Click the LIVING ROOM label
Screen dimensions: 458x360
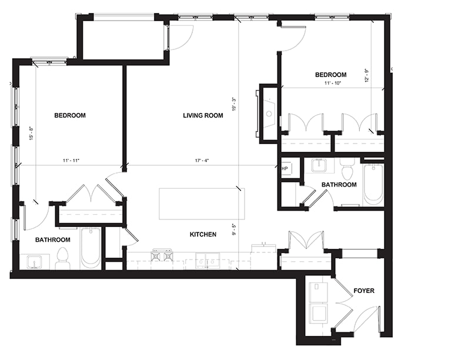point(203,115)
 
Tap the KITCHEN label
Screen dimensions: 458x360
point(203,234)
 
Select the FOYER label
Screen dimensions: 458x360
point(364,291)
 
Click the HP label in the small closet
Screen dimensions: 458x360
point(285,169)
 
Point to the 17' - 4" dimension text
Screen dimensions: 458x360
point(202,161)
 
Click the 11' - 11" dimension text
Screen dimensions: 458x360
point(71,161)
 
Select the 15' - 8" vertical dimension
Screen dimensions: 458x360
point(31,134)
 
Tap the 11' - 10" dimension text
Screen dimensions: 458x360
point(333,83)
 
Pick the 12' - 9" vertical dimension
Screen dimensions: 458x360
point(367,75)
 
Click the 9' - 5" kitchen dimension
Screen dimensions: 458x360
point(234,229)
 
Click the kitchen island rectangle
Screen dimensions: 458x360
point(202,204)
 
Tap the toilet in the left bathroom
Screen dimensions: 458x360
point(62,259)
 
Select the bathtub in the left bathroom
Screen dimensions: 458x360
point(91,249)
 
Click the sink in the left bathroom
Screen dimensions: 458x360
point(35,262)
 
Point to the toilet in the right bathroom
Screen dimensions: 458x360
point(347,169)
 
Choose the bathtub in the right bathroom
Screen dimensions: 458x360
point(373,185)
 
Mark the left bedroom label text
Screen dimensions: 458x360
point(70,115)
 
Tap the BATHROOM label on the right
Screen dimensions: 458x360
point(339,185)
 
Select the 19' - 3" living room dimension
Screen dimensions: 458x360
point(234,104)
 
